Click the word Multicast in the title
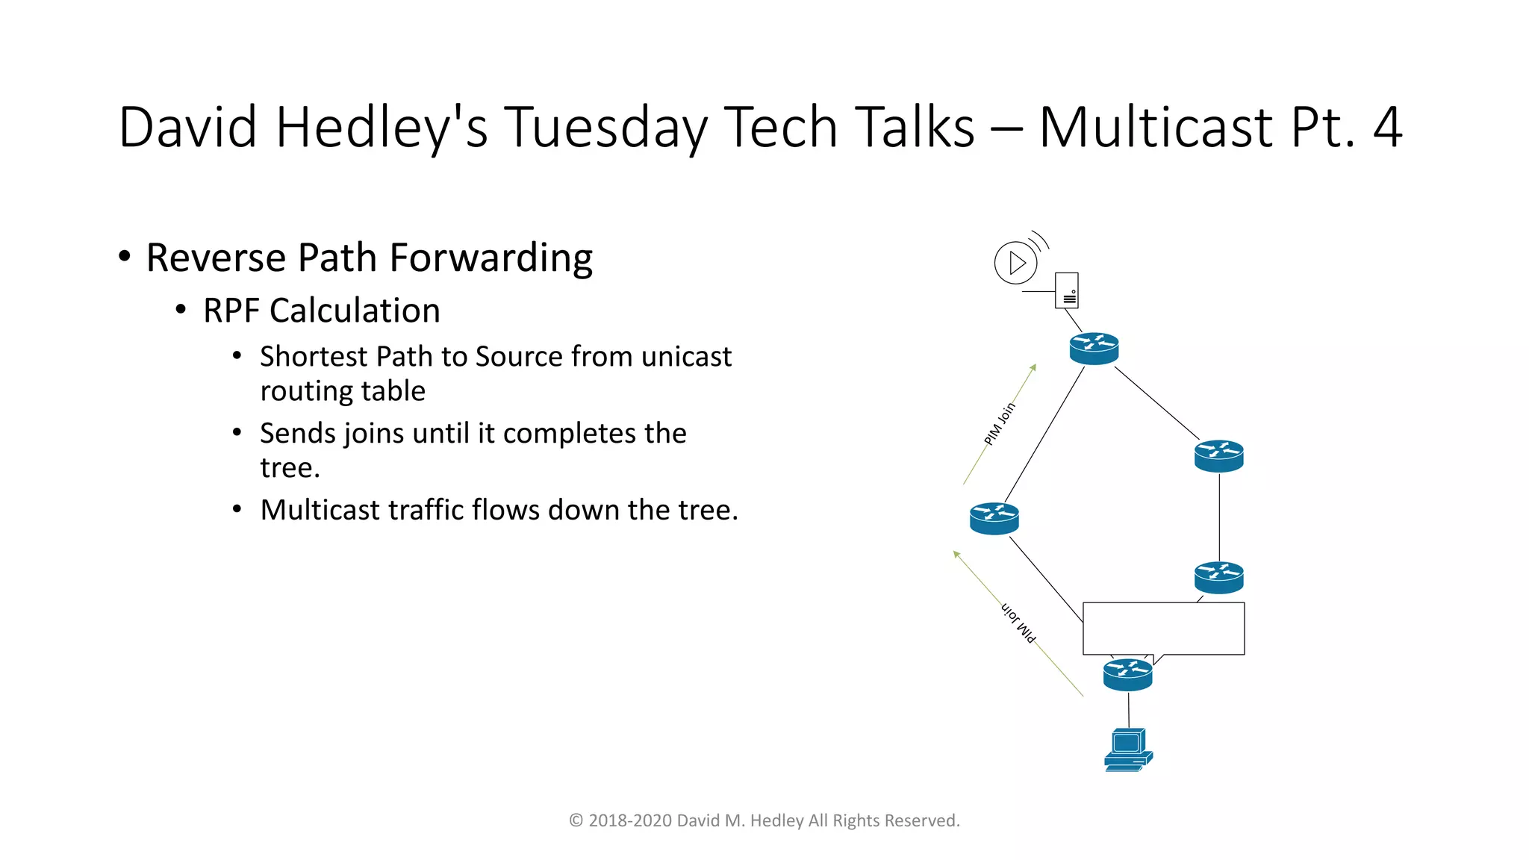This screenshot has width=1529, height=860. [1156, 128]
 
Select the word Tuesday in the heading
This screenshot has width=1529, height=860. [605, 128]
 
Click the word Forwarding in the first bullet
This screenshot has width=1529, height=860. [491, 258]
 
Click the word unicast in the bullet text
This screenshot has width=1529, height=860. [686, 357]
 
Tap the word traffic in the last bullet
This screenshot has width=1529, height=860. [426, 510]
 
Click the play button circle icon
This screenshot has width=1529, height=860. [1016, 263]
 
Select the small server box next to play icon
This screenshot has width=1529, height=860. [1067, 290]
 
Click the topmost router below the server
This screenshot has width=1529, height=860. [1094, 348]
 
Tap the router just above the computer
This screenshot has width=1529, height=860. [1127, 674]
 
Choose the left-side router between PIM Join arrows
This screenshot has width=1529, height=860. [994, 518]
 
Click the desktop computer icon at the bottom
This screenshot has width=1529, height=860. [1128, 750]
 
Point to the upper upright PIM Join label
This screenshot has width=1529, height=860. [1000, 424]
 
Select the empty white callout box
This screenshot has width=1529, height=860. [1163, 628]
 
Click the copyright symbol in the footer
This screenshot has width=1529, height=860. [576, 820]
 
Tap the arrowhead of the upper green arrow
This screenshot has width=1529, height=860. [1034, 367]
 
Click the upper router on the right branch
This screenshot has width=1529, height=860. [1218, 455]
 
